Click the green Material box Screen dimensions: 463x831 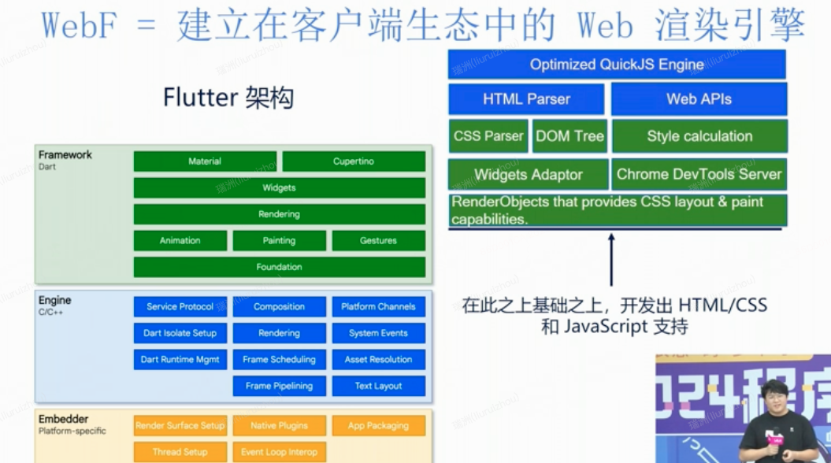coord(205,161)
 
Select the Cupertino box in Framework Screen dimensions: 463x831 coord(353,161)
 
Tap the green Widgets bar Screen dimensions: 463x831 coord(279,188)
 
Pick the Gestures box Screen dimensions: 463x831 coord(378,241)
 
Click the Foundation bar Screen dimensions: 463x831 coord(279,267)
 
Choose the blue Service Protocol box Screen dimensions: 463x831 coord(180,306)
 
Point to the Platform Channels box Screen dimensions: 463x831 coord(378,306)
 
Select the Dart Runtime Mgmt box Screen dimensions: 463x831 coord(180,359)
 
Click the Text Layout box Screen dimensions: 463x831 coord(378,386)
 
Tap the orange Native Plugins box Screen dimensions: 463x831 coord(279,426)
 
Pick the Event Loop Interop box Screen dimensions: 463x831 coord(279,452)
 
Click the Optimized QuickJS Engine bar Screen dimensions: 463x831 coord(617,65)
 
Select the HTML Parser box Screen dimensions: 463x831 coord(526,99)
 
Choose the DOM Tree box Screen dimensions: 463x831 coord(569,136)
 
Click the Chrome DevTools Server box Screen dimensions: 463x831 coord(699,174)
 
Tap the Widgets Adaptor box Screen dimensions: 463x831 coord(528,174)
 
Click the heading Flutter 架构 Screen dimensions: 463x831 coord(228,98)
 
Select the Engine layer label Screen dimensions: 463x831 coord(55,301)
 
